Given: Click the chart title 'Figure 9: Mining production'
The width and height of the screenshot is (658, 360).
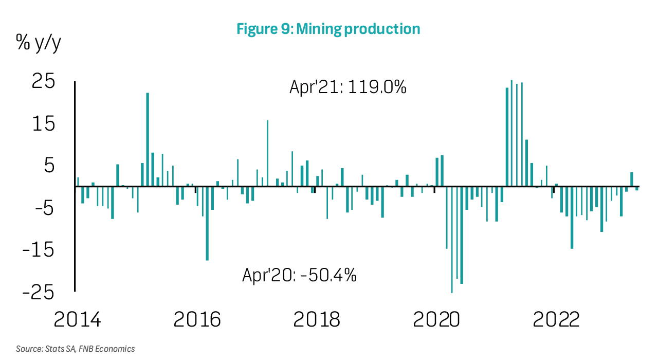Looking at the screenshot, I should (328, 29).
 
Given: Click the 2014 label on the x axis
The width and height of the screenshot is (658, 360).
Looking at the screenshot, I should (78, 320).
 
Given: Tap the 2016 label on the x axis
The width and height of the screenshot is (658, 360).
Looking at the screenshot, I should (197, 320).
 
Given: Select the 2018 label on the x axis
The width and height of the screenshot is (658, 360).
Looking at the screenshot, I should (317, 320).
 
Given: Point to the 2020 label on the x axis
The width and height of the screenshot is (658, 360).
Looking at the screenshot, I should (436, 320).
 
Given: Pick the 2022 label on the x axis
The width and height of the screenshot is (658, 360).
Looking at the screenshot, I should (556, 320).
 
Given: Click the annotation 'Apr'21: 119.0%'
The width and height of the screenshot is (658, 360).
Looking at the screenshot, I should (348, 87).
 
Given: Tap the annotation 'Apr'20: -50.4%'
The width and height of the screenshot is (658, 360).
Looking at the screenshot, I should (300, 276).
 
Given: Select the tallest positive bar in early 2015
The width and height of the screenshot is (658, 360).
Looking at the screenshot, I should (148, 139).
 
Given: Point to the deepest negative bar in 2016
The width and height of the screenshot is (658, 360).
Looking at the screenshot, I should (207, 223).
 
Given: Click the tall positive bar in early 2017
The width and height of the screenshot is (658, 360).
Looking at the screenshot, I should (267, 153).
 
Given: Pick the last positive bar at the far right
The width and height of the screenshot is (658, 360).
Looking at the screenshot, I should (631, 179).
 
